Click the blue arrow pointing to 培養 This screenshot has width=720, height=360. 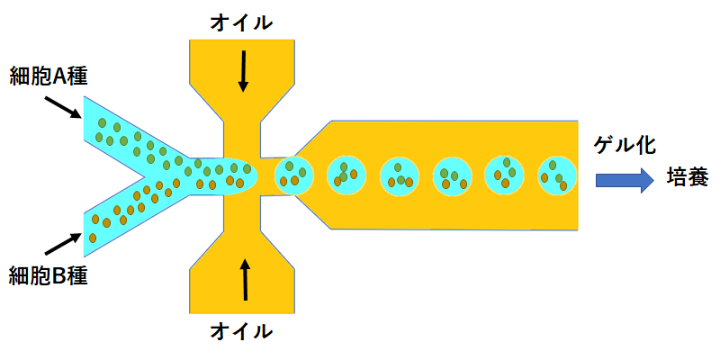[625, 179]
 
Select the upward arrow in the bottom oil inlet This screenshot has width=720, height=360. [243, 279]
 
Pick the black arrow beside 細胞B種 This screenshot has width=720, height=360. [60, 241]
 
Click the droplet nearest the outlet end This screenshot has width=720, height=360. [556, 175]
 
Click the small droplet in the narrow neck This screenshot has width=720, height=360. [292, 174]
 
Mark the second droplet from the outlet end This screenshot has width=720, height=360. [504, 175]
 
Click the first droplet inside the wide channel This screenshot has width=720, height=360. [346, 175]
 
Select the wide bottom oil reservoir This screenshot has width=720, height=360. [242, 288]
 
